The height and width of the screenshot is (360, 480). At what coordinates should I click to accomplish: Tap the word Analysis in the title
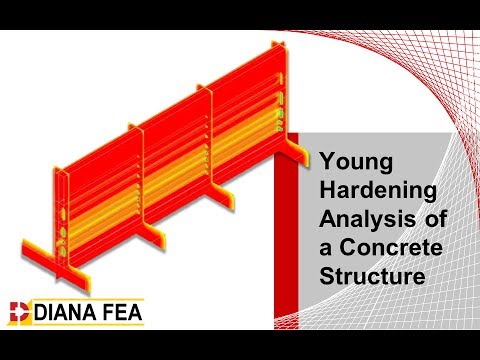pos(359,215)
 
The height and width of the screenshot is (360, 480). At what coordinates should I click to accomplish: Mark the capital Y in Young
pos(324,159)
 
